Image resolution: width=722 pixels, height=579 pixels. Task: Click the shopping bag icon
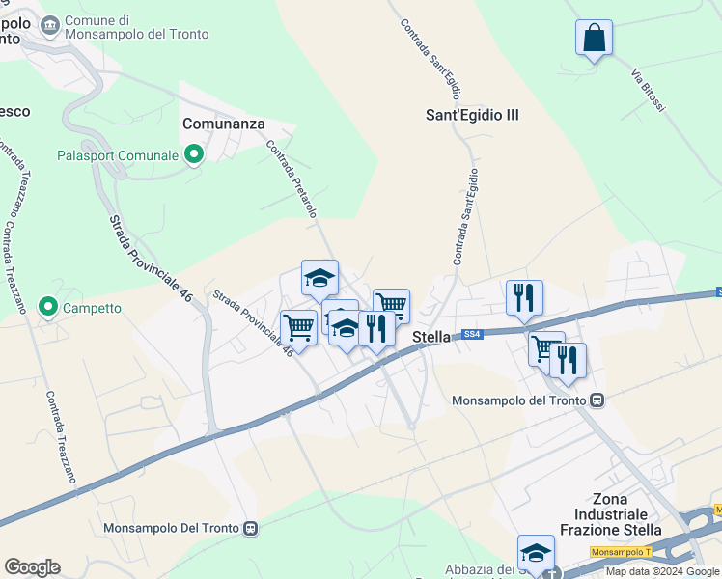click(x=594, y=39)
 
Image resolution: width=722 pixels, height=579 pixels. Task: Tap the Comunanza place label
click(x=223, y=124)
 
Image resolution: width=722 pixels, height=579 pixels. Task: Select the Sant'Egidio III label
click(x=472, y=115)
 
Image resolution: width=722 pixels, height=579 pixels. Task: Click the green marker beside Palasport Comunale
click(x=194, y=154)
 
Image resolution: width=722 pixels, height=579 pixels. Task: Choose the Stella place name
click(x=431, y=337)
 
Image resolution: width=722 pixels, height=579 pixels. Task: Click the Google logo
click(x=32, y=567)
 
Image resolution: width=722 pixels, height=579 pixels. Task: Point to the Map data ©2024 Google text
click(x=663, y=571)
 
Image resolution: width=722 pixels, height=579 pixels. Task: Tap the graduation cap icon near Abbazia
click(x=536, y=553)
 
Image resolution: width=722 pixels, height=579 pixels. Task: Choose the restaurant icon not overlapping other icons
click(x=524, y=297)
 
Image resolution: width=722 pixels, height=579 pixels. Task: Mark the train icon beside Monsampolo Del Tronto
click(x=251, y=528)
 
